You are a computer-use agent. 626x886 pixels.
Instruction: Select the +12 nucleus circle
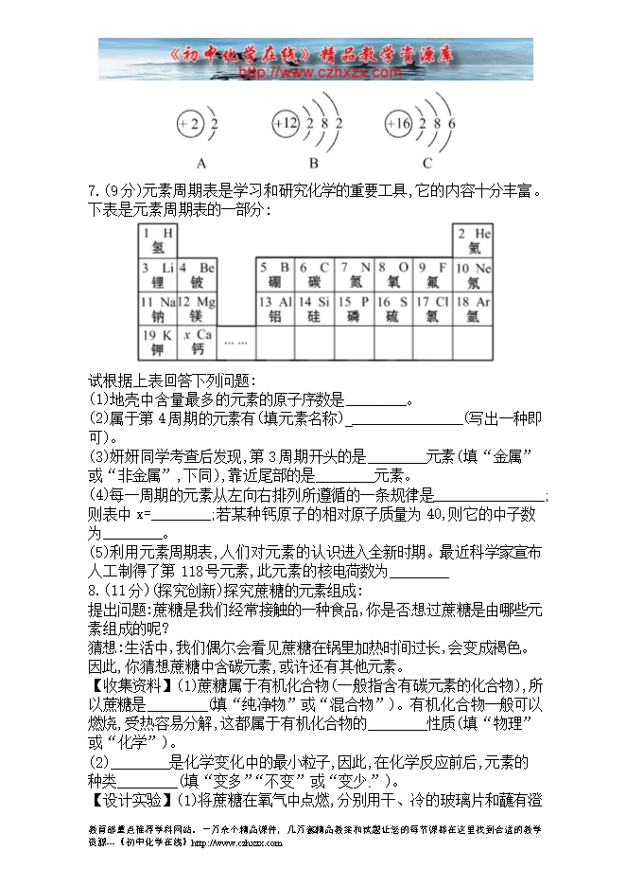click(286, 124)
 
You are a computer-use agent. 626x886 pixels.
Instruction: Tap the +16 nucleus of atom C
click(398, 124)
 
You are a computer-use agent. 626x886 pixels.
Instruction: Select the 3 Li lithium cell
click(157, 275)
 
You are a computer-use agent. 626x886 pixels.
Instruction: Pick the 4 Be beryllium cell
click(197, 275)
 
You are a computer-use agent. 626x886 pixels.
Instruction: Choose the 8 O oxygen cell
click(393, 275)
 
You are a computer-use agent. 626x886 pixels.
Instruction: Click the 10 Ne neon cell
click(473, 275)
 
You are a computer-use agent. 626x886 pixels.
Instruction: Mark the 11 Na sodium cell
click(157, 309)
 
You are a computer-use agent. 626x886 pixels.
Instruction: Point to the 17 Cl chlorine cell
click(433, 309)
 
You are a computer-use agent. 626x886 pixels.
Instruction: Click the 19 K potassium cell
click(157, 343)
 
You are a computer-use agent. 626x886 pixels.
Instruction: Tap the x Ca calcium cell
click(197, 343)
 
